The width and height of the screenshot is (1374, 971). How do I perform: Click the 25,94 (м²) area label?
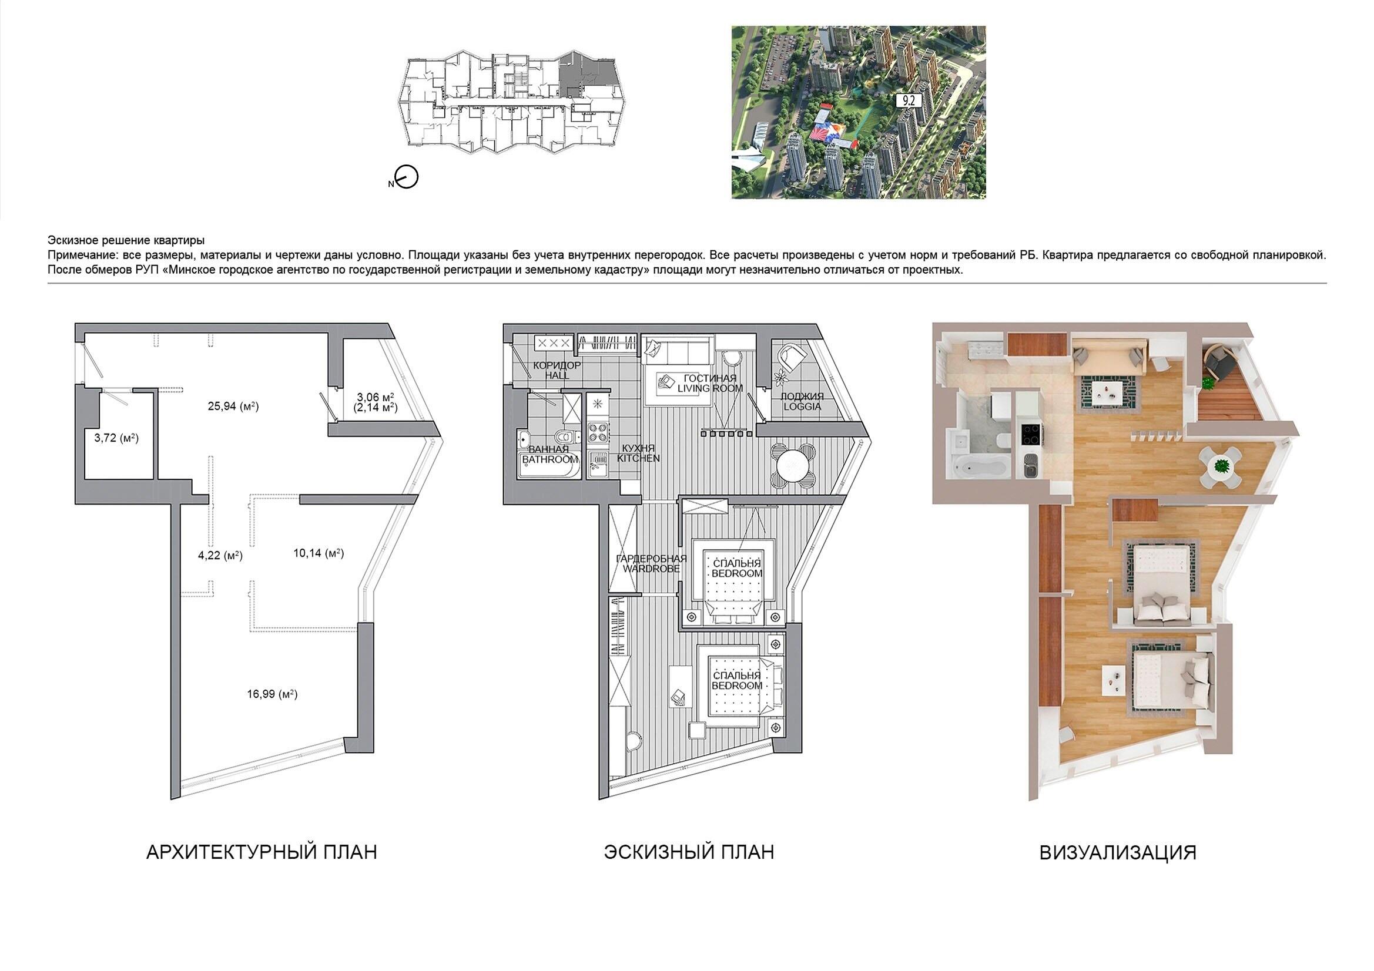click(233, 406)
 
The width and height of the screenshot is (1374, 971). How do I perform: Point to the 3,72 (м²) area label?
click(116, 438)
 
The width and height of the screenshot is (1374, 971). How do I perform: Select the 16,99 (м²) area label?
click(272, 694)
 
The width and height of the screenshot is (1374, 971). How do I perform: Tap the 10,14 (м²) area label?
click(319, 553)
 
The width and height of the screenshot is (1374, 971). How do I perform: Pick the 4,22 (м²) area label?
click(220, 555)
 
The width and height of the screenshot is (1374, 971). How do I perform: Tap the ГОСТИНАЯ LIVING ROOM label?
click(711, 383)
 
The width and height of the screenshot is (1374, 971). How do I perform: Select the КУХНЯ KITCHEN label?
click(639, 453)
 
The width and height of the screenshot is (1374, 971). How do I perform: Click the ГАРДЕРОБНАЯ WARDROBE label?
click(651, 563)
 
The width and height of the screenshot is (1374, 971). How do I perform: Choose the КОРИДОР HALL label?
click(557, 369)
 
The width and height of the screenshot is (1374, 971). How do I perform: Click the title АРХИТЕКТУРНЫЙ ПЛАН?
click(262, 852)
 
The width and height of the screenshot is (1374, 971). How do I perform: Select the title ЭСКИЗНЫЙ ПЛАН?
click(689, 852)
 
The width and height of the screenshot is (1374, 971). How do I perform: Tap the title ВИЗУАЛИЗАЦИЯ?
click(1118, 852)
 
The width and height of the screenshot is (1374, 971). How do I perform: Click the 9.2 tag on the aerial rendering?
click(909, 100)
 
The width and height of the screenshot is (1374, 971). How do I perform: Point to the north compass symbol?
click(406, 177)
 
